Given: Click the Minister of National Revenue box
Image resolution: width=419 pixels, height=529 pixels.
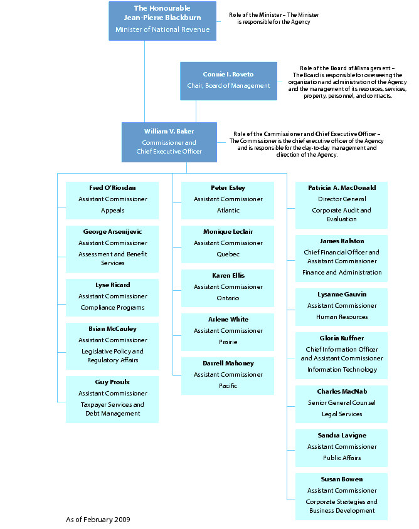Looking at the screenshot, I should pos(162,21).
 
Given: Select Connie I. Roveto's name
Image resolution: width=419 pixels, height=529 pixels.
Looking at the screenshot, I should pos(228,75).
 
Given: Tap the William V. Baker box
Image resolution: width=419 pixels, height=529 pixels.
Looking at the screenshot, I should pos(169,142).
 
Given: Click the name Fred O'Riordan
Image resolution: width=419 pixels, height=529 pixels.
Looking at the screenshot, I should pos(112,188).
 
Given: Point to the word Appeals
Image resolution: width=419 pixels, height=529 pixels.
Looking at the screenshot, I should pos(112,211).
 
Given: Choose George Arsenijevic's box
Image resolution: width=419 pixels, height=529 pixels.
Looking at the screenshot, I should pos(112,248).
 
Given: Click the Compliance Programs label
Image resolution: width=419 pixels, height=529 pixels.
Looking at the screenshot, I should pos(112,308).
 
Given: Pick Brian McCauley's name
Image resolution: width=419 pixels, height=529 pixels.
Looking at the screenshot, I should pos(112,329).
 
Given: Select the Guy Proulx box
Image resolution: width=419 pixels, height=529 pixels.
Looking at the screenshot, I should pos(112,398).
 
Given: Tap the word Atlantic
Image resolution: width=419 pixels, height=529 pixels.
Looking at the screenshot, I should pos(228,211).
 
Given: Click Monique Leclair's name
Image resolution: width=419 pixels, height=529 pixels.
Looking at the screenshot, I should pos(228,232).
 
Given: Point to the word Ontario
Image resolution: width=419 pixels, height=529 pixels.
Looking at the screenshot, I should pos(228,298).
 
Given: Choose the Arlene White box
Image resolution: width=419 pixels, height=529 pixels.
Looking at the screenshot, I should pos(228,332).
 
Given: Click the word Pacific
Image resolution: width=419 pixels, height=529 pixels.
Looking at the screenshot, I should pos(228,386).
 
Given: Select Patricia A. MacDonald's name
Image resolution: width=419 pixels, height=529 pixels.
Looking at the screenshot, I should pos(342,188).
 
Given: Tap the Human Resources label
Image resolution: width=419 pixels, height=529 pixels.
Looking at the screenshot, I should pos(342,317).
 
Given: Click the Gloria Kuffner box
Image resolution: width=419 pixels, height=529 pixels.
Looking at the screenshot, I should pos(342,355).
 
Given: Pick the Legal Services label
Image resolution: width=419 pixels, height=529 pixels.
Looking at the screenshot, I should pos(342,414).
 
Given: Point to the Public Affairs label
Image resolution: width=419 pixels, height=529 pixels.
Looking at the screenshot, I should pos(342,458).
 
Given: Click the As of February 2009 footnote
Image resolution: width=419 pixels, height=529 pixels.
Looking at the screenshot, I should pos(98,520).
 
